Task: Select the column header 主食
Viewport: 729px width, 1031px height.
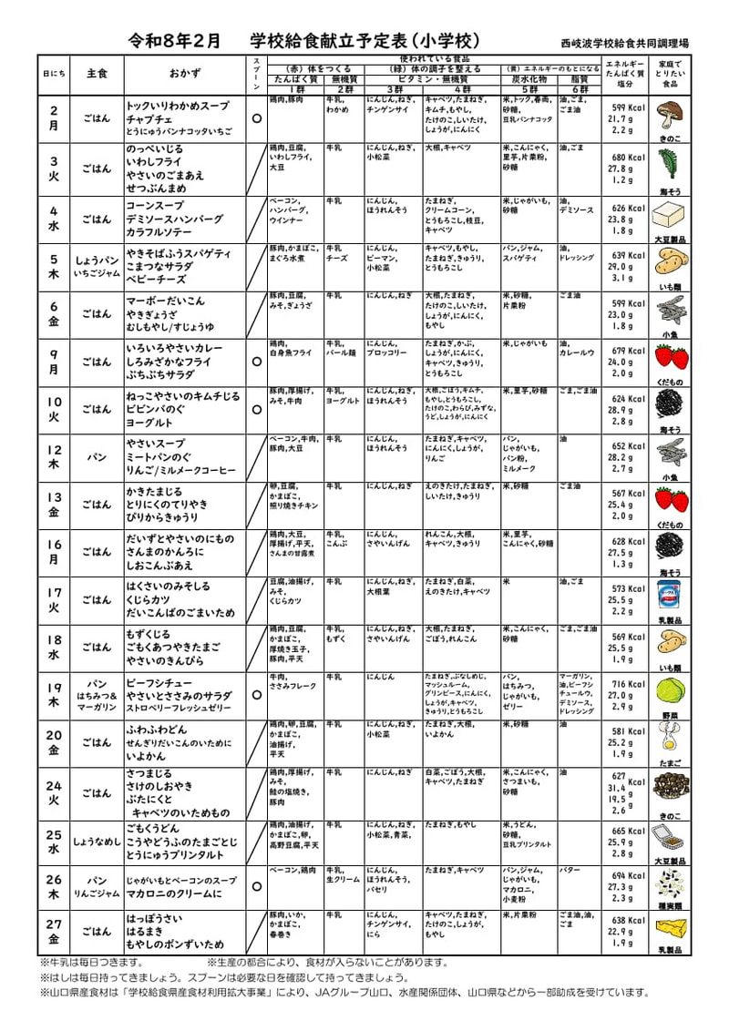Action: coord(97,73)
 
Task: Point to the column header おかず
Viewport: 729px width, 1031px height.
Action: coord(186,73)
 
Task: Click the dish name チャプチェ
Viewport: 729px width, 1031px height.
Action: coord(149,119)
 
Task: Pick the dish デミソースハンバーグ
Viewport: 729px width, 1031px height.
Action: coord(174,219)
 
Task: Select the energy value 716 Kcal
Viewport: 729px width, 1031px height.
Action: coord(628,684)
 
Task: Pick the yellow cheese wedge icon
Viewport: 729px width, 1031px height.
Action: coord(673,928)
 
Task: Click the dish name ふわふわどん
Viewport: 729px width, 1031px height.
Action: coord(157,730)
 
